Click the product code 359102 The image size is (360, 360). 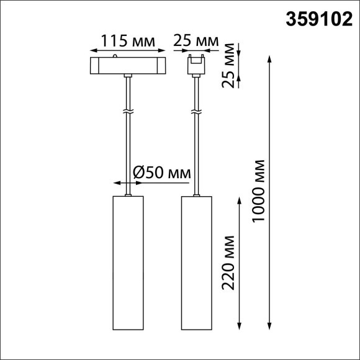317,20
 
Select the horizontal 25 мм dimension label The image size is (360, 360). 196,42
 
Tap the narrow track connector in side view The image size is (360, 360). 196,65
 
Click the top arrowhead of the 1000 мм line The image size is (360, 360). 269,58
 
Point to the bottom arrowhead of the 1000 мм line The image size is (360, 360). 269,325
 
